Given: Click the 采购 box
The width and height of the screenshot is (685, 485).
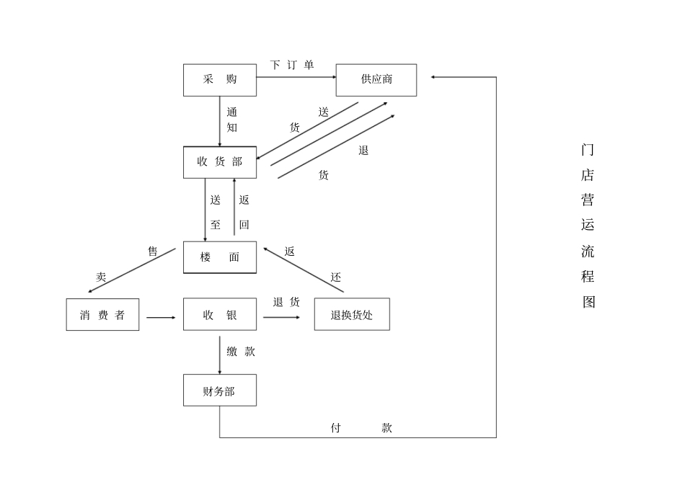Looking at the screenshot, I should click(x=220, y=80).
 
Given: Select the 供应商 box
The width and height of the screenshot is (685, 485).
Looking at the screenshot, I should click(x=376, y=80).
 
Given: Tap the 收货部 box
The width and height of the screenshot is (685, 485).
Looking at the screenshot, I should click(x=220, y=162).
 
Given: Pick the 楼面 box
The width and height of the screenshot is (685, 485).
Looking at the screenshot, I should click(x=220, y=257).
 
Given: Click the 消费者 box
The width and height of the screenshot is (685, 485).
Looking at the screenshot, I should click(x=102, y=315).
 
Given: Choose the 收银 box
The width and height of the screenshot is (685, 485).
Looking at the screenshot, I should click(x=220, y=315).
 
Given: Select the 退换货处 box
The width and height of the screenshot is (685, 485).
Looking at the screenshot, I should click(x=352, y=315).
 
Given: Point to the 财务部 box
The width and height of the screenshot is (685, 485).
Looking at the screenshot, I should click(x=220, y=391).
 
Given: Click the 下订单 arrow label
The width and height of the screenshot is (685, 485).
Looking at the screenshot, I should click(x=292, y=65).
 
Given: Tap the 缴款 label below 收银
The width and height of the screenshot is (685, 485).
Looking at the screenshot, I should click(x=241, y=352).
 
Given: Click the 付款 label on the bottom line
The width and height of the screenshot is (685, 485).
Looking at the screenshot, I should click(x=361, y=427).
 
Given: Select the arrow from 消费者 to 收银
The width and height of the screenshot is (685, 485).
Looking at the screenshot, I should click(x=161, y=317).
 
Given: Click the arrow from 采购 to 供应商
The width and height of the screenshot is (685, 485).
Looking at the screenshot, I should click(x=296, y=76).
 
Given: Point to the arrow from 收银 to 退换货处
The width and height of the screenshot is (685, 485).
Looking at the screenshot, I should click(x=281, y=317).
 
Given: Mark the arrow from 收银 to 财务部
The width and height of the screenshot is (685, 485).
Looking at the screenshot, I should click(x=220, y=352).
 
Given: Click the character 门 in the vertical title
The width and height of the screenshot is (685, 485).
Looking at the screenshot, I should click(x=588, y=150).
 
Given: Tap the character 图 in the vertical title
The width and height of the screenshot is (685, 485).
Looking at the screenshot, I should click(x=588, y=301).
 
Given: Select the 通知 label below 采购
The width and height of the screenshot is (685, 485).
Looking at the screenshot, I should click(x=232, y=120).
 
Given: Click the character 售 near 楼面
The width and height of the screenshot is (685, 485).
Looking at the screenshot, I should click(x=153, y=252).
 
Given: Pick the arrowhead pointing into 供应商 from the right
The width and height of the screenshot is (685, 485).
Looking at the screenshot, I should click(x=433, y=76).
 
